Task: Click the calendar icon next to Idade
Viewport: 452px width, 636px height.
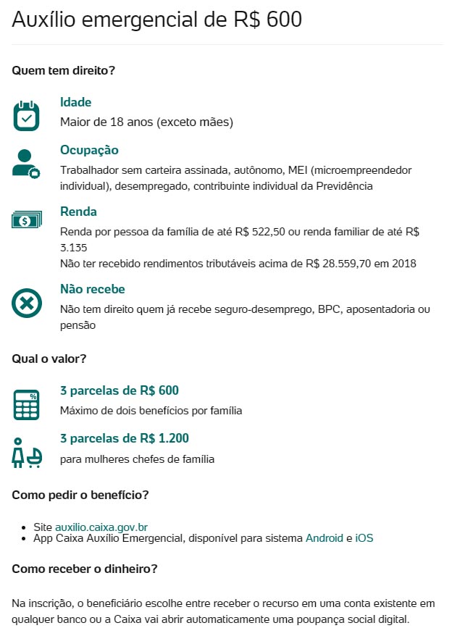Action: pos(26,115)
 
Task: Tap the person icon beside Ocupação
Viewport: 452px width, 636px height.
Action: pos(26,163)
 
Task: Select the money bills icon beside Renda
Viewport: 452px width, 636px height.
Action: pos(26,219)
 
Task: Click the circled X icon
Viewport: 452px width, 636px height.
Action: pos(26,303)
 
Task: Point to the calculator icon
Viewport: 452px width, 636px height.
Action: pos(26,404)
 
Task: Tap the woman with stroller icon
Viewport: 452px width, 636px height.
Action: pos(26,452)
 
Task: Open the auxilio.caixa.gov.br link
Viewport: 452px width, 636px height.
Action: pos(101,527)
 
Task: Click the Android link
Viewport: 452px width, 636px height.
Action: pos(325,538)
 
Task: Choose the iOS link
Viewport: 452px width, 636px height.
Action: pos(364,538)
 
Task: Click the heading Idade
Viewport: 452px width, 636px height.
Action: pos(76,103)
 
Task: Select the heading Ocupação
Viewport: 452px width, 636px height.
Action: pos(89,151)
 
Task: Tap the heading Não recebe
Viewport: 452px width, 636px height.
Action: pos(93,290)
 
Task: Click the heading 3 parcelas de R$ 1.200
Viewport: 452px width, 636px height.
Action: pos(124,439)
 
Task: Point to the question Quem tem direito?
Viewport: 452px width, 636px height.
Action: pos(64,71)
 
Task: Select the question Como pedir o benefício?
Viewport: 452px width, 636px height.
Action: pos(80,495)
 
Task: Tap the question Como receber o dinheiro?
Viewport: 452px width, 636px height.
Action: pos(84,569)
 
